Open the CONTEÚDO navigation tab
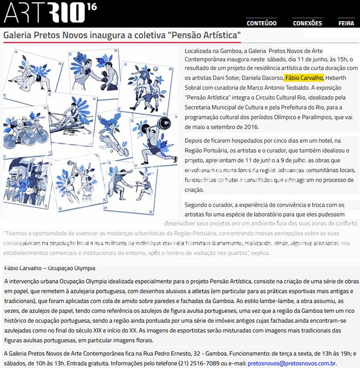coord(261,23)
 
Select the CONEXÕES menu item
coord(307,23)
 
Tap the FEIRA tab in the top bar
coord(346,23)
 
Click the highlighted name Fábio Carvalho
coord(304,78)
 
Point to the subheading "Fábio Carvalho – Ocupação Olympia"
coord(49,268)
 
